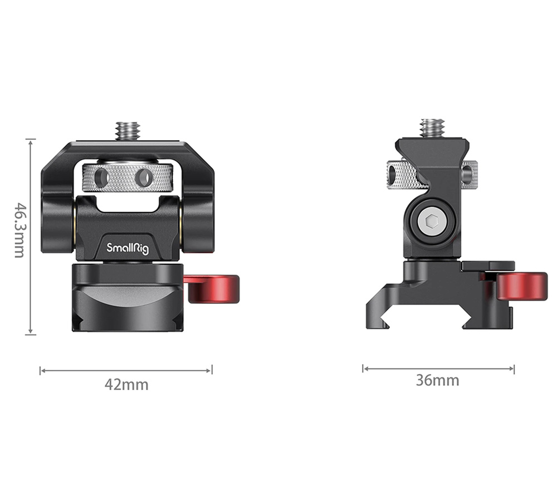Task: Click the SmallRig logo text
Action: click(x=128, y=248)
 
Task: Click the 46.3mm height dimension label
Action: click(x=19, y=229)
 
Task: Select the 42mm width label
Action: click(x=126, y=384)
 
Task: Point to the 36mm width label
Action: click(x=437, y=380)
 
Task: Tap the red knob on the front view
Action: click(x=214, y=289)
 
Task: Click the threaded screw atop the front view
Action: click(x=127, y=131)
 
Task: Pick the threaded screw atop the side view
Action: click(x=432, y=127)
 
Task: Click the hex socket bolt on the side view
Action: click(x=433, y=223)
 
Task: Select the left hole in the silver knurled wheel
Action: click(x=101, y=178)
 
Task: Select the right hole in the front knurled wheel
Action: click(x=144, y=178)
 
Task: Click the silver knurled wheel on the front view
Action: click(x=127, y=178)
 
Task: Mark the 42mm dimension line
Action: click(x=126, y=370)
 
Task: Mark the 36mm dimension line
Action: click(x=438, y=368)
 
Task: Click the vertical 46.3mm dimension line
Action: click(x=31, y=237)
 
